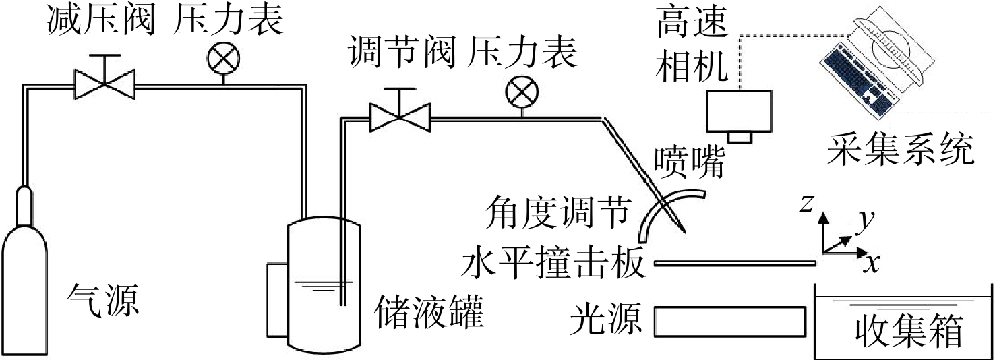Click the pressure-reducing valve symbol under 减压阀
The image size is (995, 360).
104,82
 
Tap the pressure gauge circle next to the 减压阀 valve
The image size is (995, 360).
223,59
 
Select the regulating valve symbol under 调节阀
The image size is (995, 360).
400,115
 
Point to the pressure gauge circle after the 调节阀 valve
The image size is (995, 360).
522,92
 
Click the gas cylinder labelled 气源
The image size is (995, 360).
24,284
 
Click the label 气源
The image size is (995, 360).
103,301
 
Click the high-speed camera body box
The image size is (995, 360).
740,111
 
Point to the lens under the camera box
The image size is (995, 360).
740,138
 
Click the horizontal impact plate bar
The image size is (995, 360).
735,263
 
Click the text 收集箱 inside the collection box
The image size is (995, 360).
909,332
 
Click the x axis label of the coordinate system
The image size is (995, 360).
872,264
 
